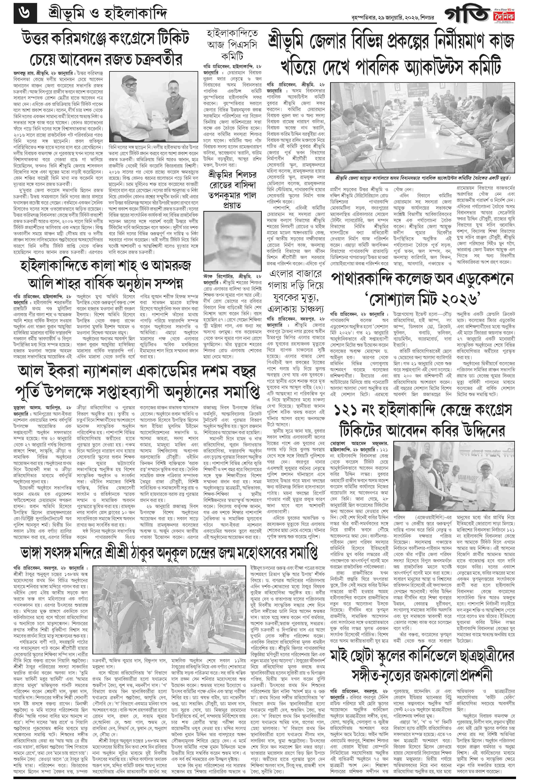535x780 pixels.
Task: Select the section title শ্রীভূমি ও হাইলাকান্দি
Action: (x=106, y=14)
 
